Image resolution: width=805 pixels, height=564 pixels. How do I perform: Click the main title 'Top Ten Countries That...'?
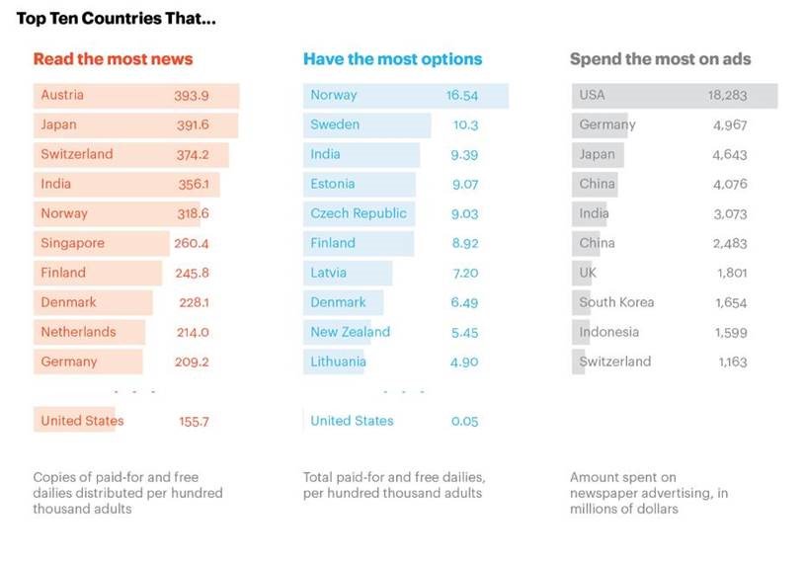pos(116,19)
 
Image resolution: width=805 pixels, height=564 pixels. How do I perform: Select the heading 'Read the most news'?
pos(113,59)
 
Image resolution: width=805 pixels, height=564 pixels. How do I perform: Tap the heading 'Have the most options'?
pos(392,59)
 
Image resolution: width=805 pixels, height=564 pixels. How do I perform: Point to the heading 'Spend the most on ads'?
pos(660,59)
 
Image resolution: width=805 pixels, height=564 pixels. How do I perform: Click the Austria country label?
pos(62,95)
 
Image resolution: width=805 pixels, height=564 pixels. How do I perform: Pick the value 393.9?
pos(192,96)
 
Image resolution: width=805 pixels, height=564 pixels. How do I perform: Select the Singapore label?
pos(72,243)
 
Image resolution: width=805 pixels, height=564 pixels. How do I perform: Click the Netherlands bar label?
pos(78,332)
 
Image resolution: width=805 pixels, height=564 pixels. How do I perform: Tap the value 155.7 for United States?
pos(194,422)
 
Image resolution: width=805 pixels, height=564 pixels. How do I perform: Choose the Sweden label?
pos(335,124)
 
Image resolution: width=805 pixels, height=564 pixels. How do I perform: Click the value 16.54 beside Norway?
pos(462,96)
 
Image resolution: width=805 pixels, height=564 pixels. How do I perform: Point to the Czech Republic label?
pos(359,213)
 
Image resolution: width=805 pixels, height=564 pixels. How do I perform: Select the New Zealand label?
pos(350,332)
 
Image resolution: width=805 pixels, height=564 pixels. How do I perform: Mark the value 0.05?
pos(464,422)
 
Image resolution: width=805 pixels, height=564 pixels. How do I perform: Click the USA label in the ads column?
pos(593,95)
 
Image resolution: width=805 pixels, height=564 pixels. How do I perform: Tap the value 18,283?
pos(727,96)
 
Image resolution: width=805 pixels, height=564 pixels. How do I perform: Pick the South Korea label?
pos(616,302)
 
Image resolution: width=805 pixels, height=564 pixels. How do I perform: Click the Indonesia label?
pos(608,332)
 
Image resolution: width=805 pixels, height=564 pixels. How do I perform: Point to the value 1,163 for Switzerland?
pos(732,363)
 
